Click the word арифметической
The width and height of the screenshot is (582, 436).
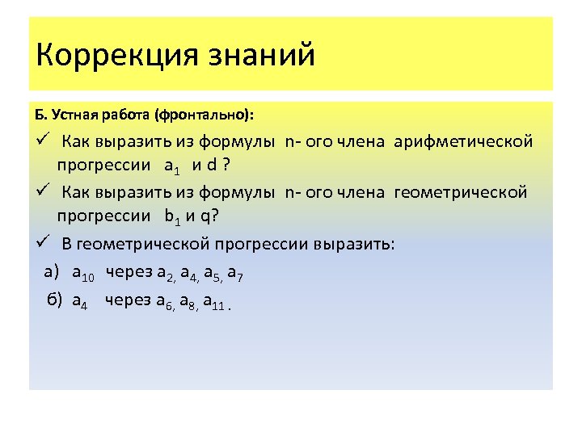tap(463, 142)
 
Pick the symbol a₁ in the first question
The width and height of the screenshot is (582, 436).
tap(172, 168)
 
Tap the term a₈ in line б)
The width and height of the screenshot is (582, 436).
tap(188, 303)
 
